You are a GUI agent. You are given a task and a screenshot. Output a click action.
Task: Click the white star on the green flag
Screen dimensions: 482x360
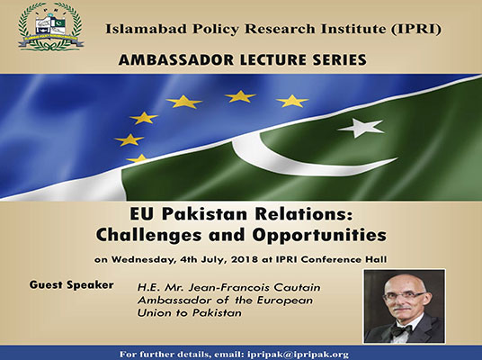(x=361, y=128)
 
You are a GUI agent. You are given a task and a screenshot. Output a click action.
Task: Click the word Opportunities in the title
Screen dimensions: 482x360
(x=319, y=236)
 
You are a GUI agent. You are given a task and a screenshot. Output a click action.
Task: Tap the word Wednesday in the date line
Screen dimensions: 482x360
(x=144, y=259)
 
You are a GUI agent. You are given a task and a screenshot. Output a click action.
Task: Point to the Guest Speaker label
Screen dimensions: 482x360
(x=72, y=285)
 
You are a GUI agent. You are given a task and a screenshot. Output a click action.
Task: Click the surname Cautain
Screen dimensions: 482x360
(x=297, y=287)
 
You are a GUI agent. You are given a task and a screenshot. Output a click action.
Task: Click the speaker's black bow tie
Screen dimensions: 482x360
(x=402, y=330)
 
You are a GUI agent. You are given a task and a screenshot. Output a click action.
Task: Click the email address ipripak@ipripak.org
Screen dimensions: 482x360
(x=298, y=355)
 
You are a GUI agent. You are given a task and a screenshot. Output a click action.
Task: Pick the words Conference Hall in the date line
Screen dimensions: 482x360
(x=344, y=259)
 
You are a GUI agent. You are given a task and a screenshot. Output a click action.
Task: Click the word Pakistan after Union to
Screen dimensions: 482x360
(x=217, y=313)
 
